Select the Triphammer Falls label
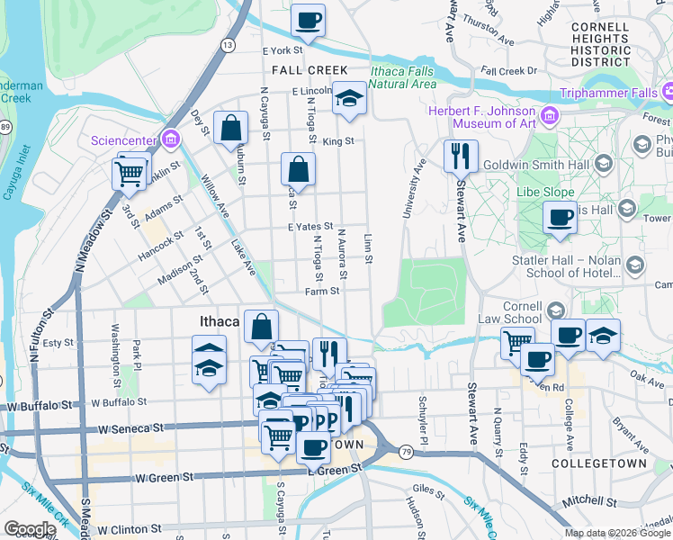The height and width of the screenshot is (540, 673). (x=610, y=93)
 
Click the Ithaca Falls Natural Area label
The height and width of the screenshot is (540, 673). (x=403, y=78)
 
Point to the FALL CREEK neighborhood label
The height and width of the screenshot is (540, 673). (x=298, y=69)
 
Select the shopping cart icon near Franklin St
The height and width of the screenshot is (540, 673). (x=130, y=171)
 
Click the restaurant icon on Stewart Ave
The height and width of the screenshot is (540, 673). (x=461, y=155)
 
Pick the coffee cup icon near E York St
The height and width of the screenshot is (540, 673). (x=308, y=21)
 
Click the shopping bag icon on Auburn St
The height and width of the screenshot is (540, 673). (x=231, y=129)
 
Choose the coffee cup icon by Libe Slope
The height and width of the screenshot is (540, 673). (x=560, y=218)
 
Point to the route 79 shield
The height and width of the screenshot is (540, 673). (x=407, y=450)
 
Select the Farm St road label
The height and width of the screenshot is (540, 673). (x=321, y=291)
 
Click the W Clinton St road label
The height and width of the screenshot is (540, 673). (x=129, y=529)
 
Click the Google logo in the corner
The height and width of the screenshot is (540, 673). (x=30, y=529)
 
